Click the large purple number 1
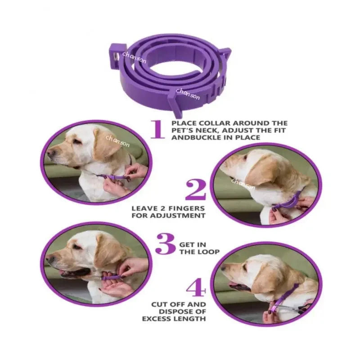pyautogui.click(x=157, y=129)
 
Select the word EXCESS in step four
pyautogui.click(x=155, y=319)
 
